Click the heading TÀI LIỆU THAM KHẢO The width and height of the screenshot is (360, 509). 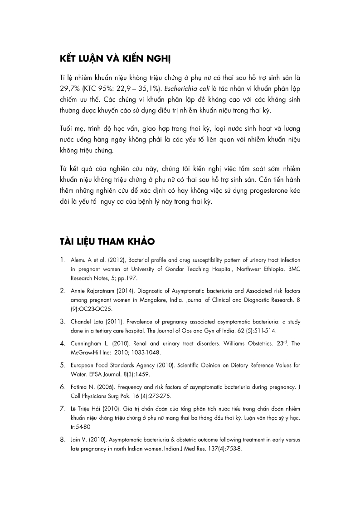pyautogui.click(x=107, y=242)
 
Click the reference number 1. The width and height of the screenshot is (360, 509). pyautogui.click(x=63, y=260)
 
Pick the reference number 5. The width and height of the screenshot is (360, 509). pyautogui.click(x=63, y=365)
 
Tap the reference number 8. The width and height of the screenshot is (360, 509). pyautogui.click(x=63, y=440)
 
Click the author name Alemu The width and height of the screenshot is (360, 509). pyautogui.click(x=79, y=261)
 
